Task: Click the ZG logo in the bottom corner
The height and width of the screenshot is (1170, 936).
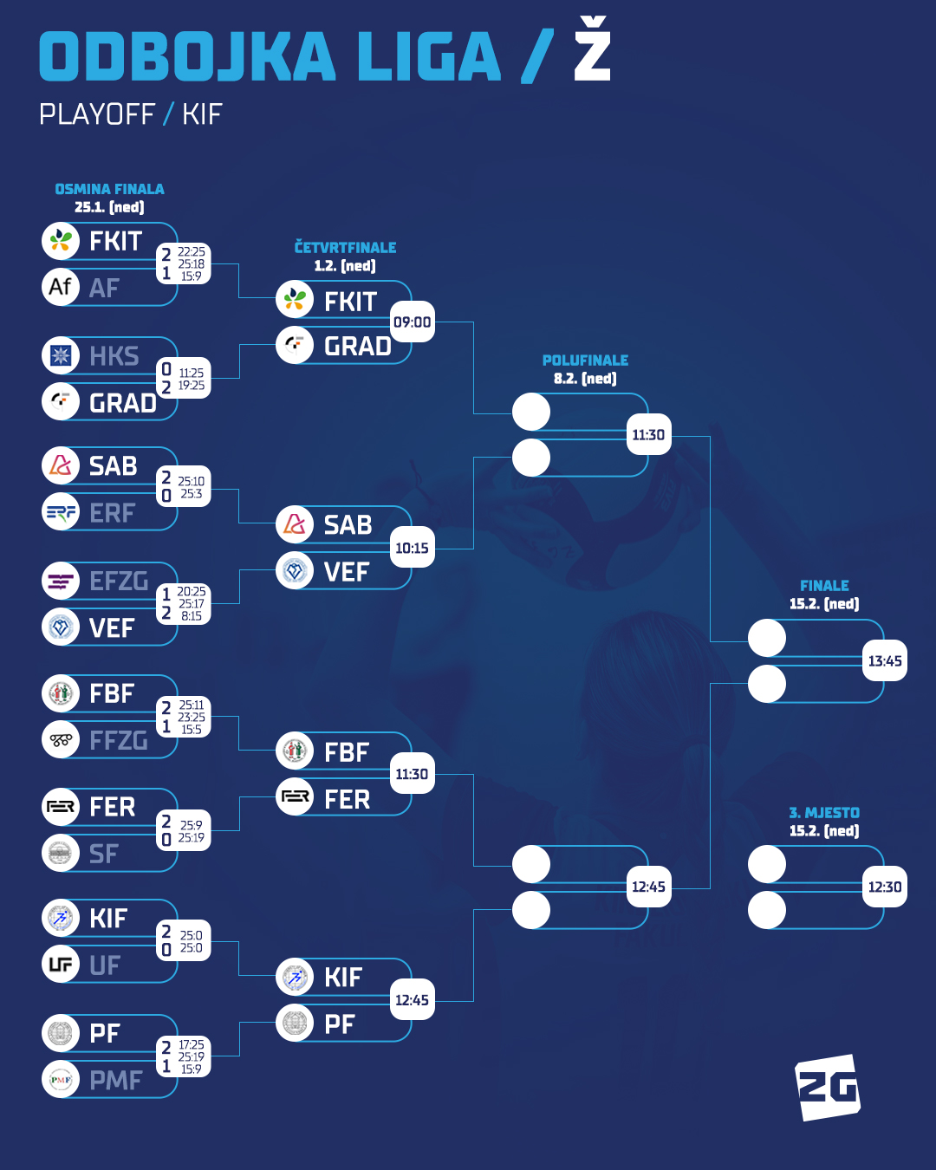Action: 828,1087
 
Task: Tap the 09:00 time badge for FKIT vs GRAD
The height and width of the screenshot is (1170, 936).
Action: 412,322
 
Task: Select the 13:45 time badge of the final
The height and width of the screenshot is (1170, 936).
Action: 885,661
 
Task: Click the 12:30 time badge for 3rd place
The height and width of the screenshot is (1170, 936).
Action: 885,887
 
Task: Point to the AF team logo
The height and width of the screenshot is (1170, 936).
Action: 61,287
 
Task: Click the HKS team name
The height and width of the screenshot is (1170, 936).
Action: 114,356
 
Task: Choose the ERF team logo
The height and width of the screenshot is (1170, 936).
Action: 61,512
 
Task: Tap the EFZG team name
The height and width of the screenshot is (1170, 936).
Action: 119,581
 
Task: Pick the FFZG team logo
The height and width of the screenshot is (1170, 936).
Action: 61,740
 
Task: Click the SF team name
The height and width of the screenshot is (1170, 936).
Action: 104,855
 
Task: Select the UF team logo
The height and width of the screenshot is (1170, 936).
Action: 61,965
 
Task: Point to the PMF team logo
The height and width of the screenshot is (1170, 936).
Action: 61,1080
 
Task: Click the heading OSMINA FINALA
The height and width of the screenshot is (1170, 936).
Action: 109,189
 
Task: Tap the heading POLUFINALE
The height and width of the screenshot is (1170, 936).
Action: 585,360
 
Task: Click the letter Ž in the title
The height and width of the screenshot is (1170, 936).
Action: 593,52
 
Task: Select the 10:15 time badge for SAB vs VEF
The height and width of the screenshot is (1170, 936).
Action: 412,549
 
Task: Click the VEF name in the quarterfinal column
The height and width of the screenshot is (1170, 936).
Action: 347,572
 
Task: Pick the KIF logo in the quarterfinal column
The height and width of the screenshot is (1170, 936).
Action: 295,978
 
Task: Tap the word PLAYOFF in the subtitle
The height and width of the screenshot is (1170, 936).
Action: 97,114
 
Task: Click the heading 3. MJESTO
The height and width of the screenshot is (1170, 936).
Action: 824,812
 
